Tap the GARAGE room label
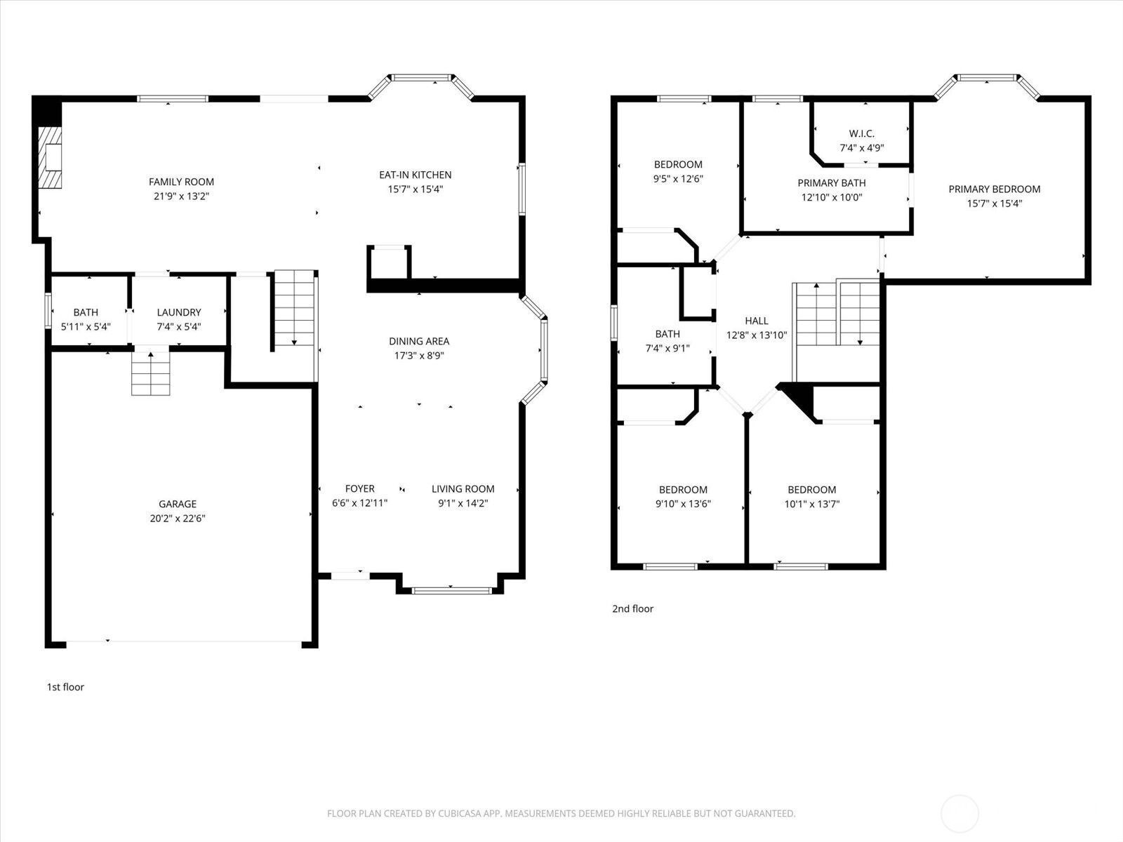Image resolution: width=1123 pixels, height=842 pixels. tap(177, 504)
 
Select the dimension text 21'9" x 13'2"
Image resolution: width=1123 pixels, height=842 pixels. tap(181, 196)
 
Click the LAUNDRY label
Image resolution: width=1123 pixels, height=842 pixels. tap(179, 312)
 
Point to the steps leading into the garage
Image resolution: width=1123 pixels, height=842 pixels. tap(151, 374)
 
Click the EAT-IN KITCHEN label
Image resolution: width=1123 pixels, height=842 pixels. tap(415, 175)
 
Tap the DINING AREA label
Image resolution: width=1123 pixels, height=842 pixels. tap(419, 341)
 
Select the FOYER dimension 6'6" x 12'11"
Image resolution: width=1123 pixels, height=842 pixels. tap(359, 503)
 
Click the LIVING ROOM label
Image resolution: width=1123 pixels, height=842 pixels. tap(463, 489)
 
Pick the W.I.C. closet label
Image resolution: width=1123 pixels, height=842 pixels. tap(861, 133)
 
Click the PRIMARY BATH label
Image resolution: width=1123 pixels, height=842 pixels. tap(831, 183)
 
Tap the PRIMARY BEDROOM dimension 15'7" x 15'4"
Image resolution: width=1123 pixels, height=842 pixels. tap(995, 203)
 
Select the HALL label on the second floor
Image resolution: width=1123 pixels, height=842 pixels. tap(757, 321)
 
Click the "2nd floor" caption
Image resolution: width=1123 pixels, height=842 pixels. tap(632, 608)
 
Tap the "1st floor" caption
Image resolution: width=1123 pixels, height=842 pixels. tap(65, 687)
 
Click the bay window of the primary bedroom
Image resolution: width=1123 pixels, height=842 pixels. tap(987, 79)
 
